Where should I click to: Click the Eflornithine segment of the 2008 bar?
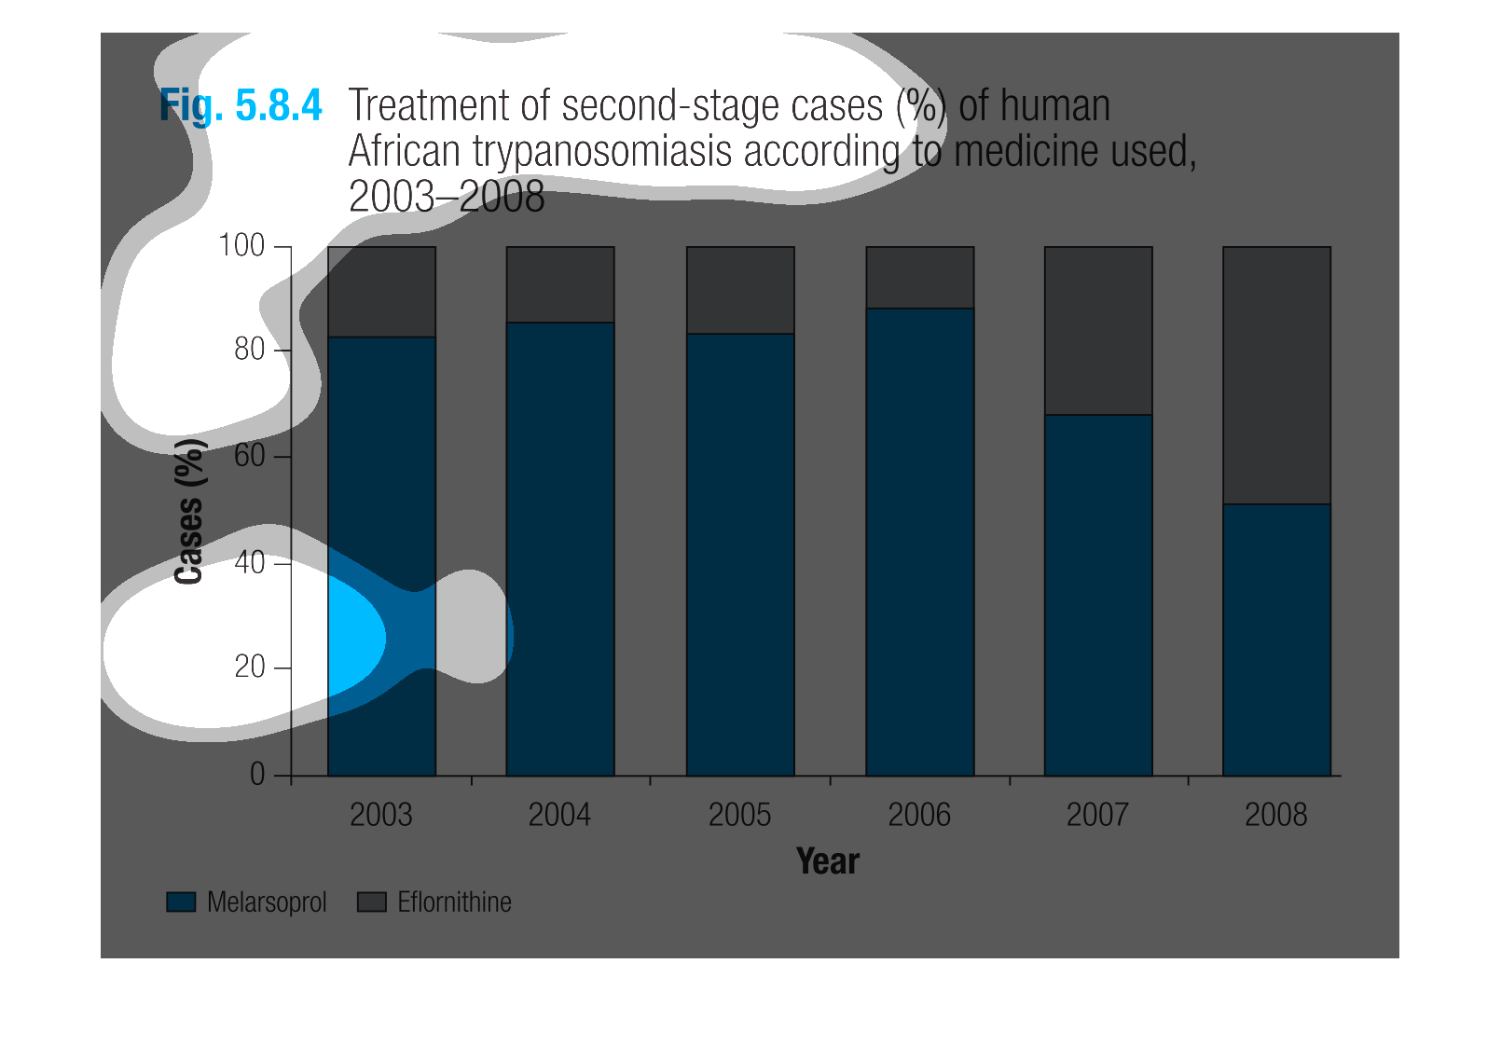pyautogui.click(x=1276, y=376)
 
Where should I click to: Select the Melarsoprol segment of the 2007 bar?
pyautogui.click(x=1098, y=595)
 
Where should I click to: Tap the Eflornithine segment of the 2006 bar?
pyautogui.click(x=919, y=278)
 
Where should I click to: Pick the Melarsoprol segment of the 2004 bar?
pyautogui.click(x=560, y=549)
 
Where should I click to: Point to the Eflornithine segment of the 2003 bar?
pyautogui.click(x=382, y=292)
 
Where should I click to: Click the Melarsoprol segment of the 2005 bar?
pyautogui.click(x=740, y=555)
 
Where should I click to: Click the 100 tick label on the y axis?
pyautogui.click(x=241, y=245)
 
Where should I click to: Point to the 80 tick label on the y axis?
pyautogui.click(x=249, y=349)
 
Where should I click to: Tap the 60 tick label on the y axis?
pyautogui.click(x=249, y=456)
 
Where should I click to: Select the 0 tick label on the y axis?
pyautogui.click(x=257, y=775)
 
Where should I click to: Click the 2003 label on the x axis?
pyautogui.click(x=380, y=815)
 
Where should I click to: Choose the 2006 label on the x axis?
pyautogui.click(x=918, y=815)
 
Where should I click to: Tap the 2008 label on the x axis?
pyautogui.click(x=1275, y=815)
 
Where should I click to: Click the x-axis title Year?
pyautogui.click(x=828, y=861)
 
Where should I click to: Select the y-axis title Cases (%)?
pyautogui.click(x=188, y=511)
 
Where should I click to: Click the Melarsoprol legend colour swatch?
pyautogui.click(x=181, y=901)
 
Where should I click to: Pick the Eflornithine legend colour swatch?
pyautogui.click(x=372, y=901)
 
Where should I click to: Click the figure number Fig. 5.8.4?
pyautogui.click(x=241, y=106)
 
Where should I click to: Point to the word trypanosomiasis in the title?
pyautogui.click(x=601, y=152)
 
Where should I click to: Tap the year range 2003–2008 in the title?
pyautogui.click(x=447, y=197)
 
